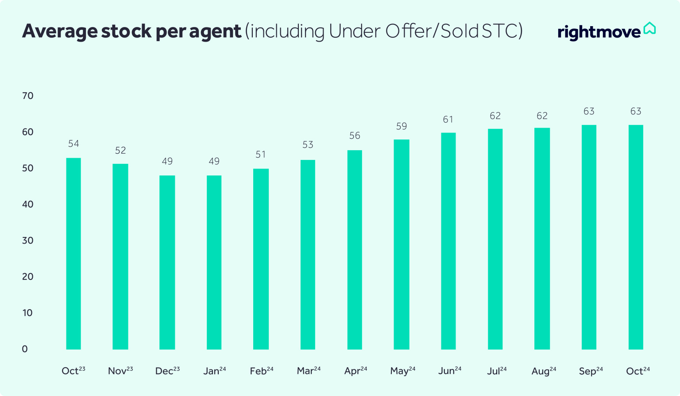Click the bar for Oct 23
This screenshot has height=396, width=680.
coord(73,253)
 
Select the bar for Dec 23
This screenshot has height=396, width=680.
coord(167,262)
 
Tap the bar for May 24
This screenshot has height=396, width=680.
coord(402,245)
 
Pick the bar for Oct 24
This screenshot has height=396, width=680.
coord(636,237)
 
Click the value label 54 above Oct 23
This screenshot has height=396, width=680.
coord(73,144)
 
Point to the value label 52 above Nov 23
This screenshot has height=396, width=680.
coord(120,151)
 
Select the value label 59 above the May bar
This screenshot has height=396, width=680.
coord(402,126)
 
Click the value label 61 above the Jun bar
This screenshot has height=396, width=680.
coord(448,120)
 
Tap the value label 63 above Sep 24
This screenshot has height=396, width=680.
coord(589,111)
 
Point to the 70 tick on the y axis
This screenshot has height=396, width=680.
coord(28,96)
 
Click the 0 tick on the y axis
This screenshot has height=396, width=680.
coord(25,349)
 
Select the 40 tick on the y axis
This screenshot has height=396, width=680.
coord(28,204)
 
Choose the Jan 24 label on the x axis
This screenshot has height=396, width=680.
coord(214,371)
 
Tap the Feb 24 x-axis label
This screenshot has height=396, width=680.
coord(261,371)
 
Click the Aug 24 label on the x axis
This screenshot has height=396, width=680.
coord(544,371)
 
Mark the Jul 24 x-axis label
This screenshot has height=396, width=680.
coord(497,371)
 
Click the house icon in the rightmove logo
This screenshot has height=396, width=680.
coord(649,28)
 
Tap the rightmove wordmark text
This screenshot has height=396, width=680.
coord(599,32)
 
